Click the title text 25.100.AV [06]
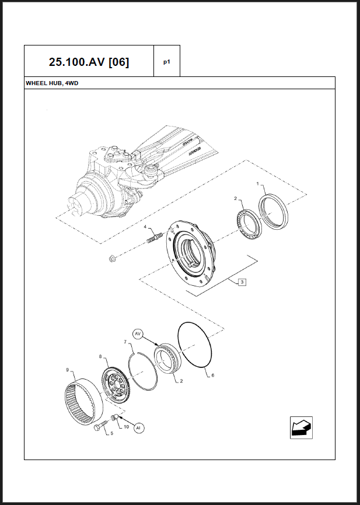pos(89,61)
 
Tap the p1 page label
pos(166,61)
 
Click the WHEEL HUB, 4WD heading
pos(52,83)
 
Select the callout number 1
pos(258,184)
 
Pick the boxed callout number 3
pos(242,282)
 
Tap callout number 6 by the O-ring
pos(212,376)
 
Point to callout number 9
pos(68,370)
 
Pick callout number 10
pos(126,426)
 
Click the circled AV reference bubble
pos(138,334)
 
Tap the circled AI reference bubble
pos(138,428)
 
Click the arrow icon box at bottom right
pos(301,427)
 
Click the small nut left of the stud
pos(113,257)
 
